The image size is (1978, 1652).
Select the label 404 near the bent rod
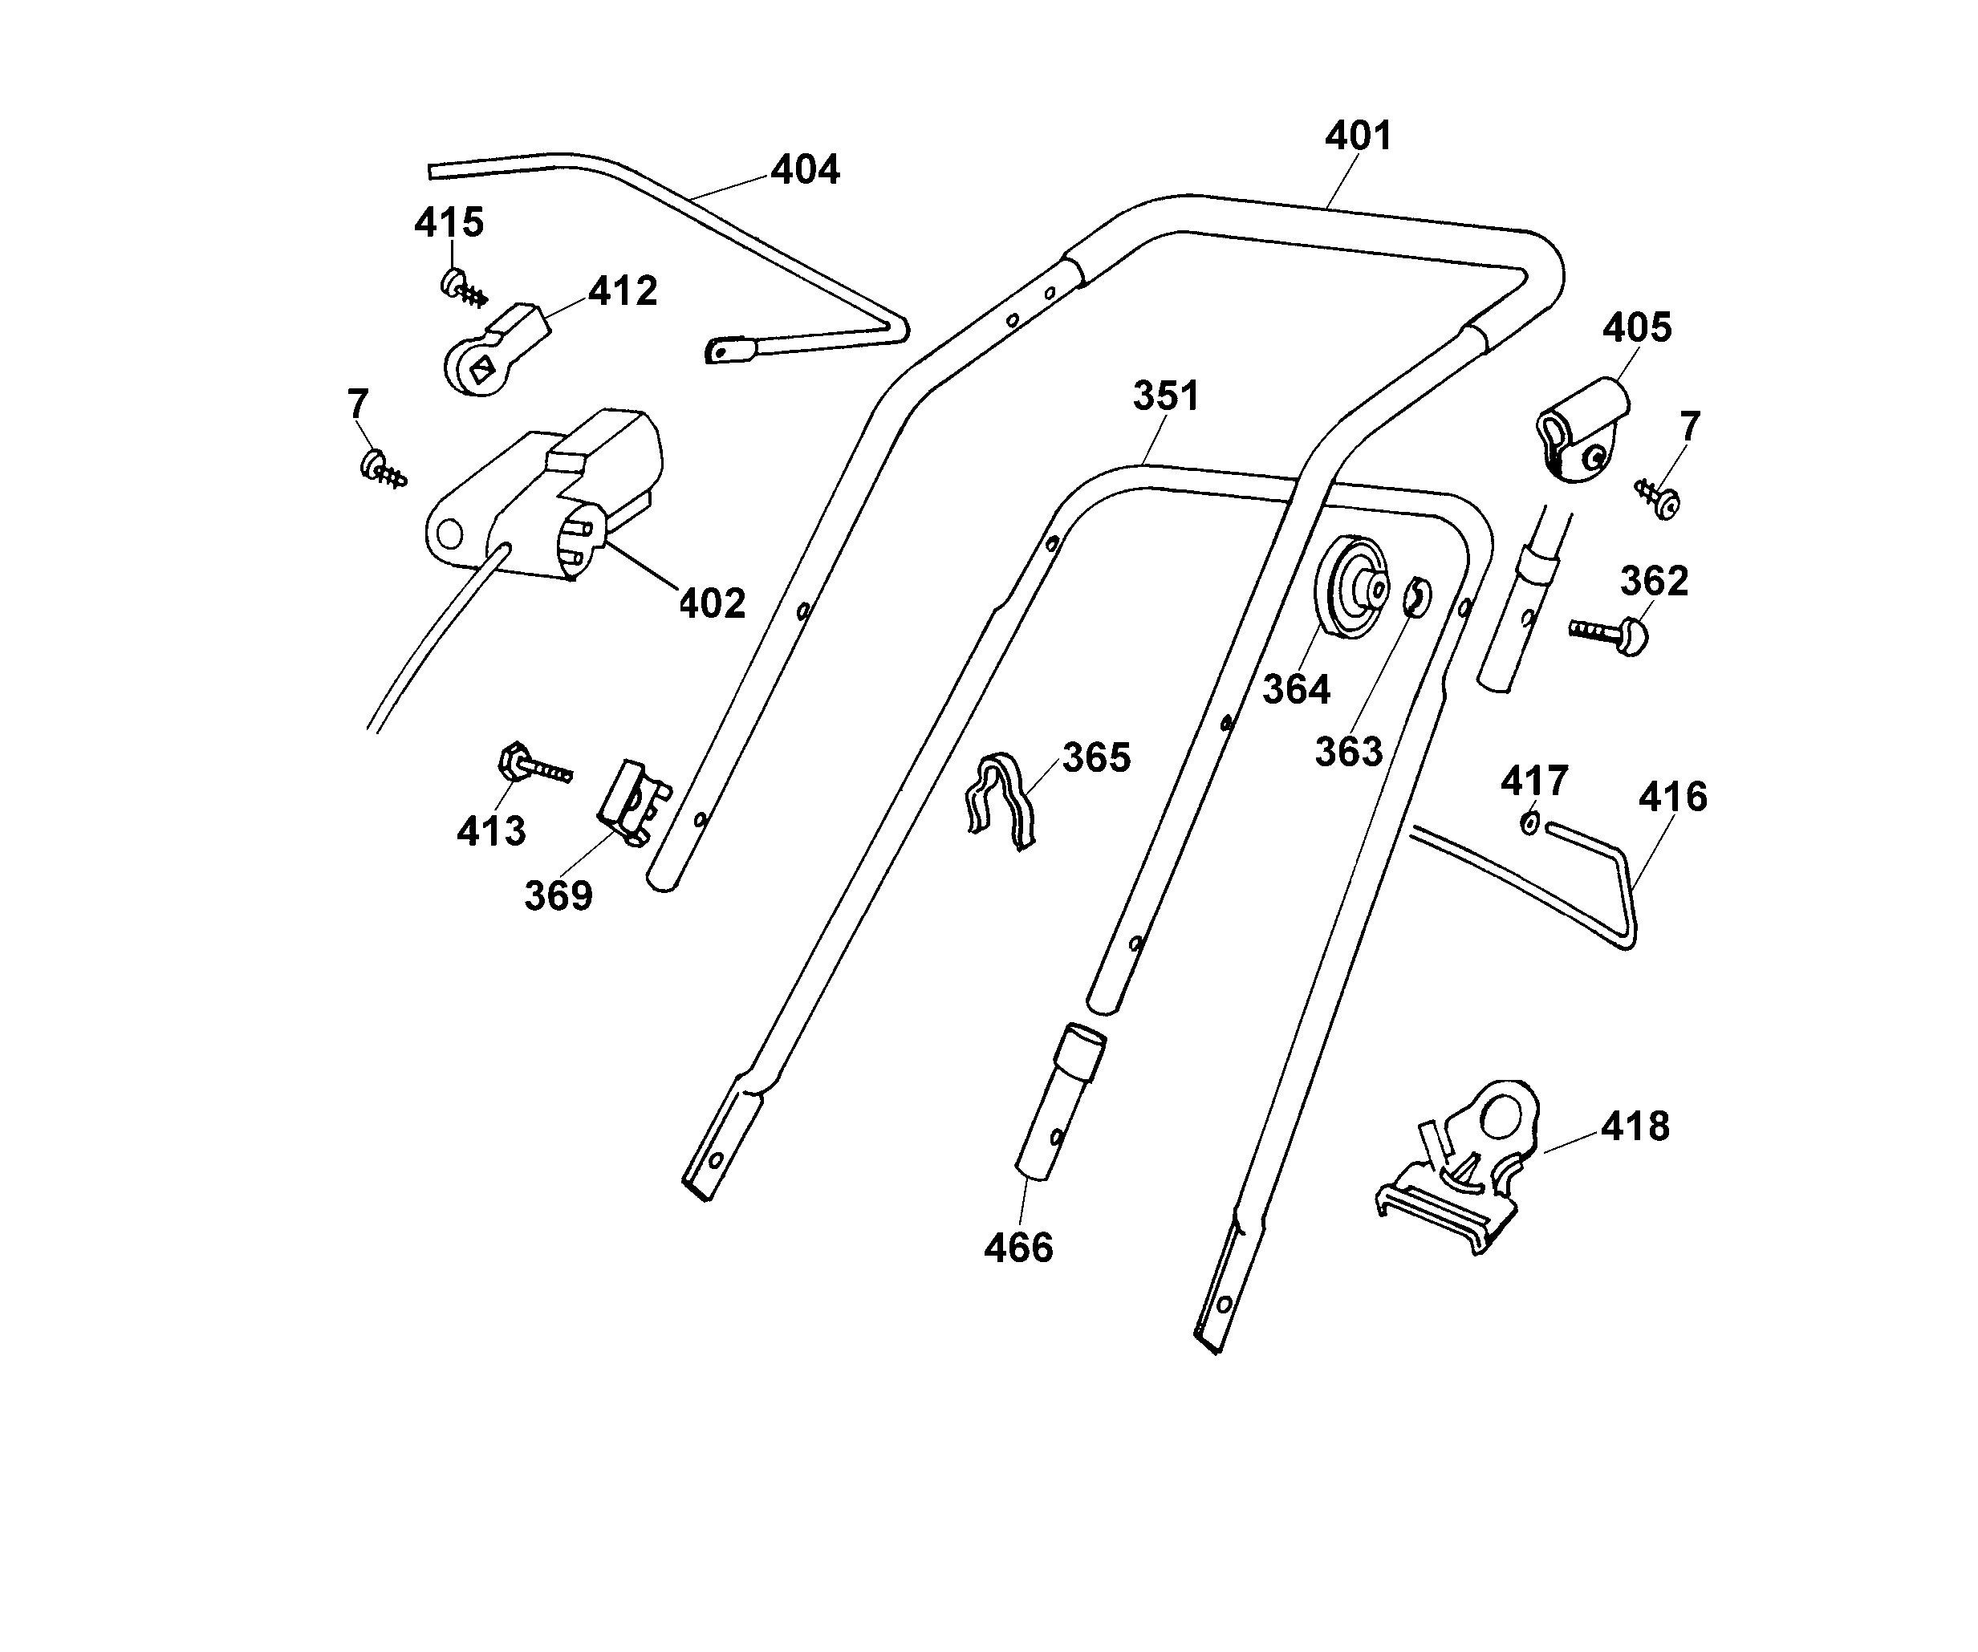click(806, 170)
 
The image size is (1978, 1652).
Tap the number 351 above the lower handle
click(1166, 396)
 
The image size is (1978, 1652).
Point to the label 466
click(1018, 1249)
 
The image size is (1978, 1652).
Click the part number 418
click(1635, 1126)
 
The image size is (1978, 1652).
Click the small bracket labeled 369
click(633, 800)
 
